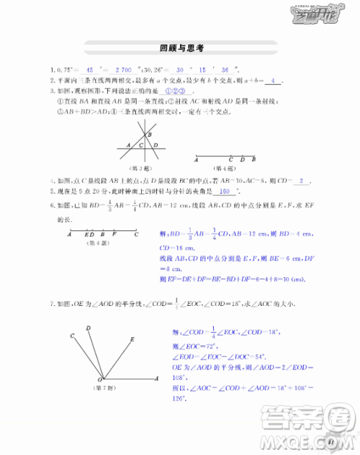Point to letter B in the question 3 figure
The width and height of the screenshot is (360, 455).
(x=149, y=134)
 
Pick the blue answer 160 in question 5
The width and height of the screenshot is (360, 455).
(x=225, y=192)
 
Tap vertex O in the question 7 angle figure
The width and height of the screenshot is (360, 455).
(x=99, y=379)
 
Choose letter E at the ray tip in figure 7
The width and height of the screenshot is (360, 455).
(x=132, y=338)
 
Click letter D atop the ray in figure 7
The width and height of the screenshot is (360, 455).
(x=88, y=328)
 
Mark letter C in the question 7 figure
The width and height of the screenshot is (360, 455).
(x=72, y=336)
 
